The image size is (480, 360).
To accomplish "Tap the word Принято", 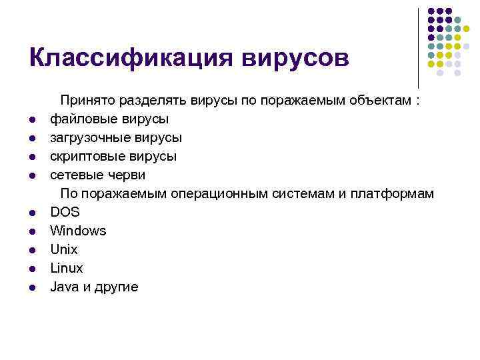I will pyautogui.click(x=87, y=101).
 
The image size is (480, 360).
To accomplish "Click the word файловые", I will pyautogui.click(x=79, y=119).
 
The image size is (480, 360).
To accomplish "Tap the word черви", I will pyautogui.click(x=127, y=175).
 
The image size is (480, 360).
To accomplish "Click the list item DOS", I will pyautogui.click(x=65, y=213).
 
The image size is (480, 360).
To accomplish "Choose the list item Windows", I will pyautogui.click(x=78, y=231).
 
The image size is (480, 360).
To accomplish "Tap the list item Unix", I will pyautogui.click(x=64, y=250).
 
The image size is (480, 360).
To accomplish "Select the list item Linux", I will pyautogui.click(x=67, y=269).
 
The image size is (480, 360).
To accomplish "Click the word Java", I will pyautogui.click(x=64, y=287).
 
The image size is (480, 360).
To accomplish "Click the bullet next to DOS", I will pyautogui.click(x=32, y=213).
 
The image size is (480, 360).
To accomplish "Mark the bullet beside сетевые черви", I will pyautogui.click(x=32, y=176).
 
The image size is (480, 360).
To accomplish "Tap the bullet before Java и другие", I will pyautogui.click(x=32, y=288).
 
